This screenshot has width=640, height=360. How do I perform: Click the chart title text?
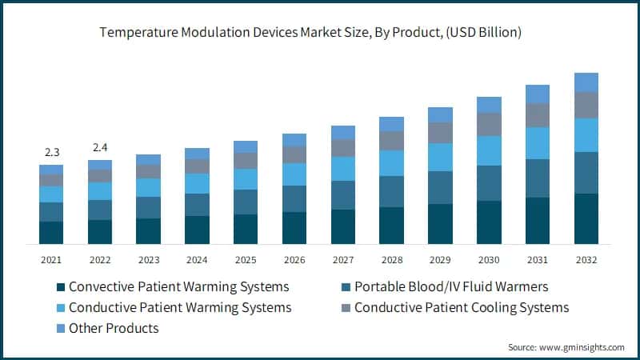[x=320, y=33]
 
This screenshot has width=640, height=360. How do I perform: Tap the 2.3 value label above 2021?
[x=51, y=152]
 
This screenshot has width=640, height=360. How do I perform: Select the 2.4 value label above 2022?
[x=100, y=147]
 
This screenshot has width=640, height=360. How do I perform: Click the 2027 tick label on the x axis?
[x=343, y=259]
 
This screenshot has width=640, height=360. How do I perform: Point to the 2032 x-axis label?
[x=586, y=259]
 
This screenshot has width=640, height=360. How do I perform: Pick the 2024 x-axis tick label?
[x=197, y=259]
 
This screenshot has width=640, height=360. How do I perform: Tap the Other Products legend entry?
[x=114, y=328]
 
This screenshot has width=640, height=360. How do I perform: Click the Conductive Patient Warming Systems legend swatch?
[x=59, y=308]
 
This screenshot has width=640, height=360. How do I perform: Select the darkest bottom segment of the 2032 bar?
[x=586, y=218]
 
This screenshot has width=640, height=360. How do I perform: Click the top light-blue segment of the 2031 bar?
[x=538, y=94]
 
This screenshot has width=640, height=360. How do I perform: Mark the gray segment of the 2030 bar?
[x=489, y=124]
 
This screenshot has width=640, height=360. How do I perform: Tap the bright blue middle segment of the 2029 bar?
[x=440, y=157]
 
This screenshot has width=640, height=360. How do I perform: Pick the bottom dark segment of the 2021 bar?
[x=51, y=232]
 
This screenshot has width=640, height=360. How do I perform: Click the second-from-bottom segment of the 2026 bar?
[x=294, y=198]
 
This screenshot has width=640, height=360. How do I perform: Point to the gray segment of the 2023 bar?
[x=148, y=171]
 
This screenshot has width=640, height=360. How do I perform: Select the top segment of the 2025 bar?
[x=246, y=146]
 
